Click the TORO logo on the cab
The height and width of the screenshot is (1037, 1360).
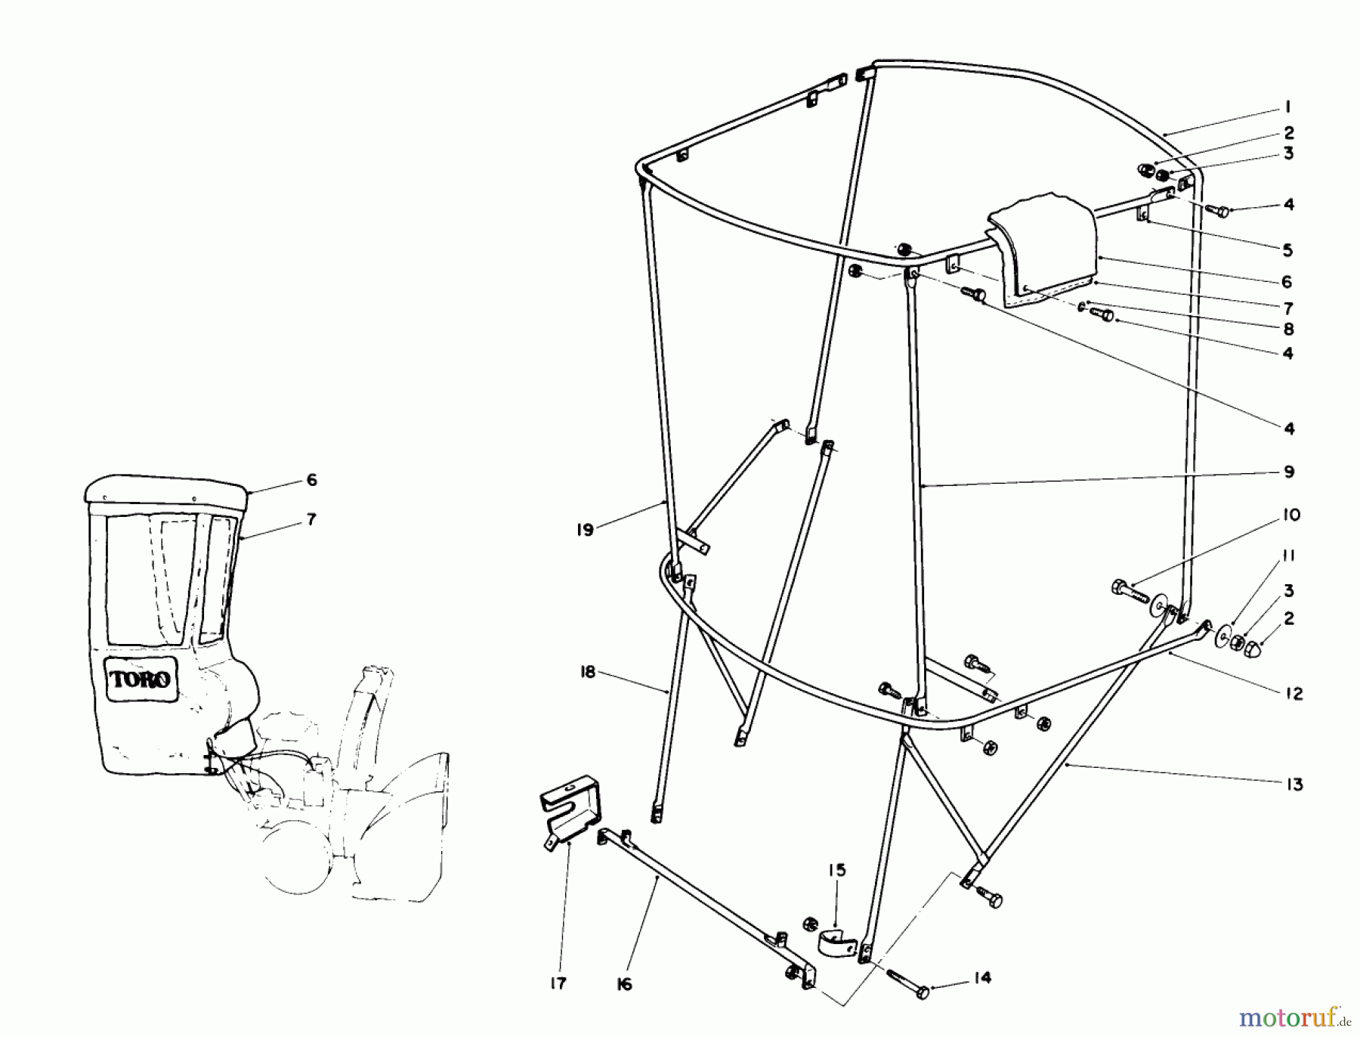click(141, 679)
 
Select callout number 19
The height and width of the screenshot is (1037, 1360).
click(585, 530)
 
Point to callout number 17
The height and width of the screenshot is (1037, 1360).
click(558, 983)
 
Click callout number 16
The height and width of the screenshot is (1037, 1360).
click(624, 985)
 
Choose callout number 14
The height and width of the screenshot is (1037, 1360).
click(981, 977)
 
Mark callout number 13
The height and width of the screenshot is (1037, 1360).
click(1295, 785)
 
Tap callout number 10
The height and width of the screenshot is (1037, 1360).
click(1291, 515)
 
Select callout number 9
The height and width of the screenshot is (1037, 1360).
click(1289, 472)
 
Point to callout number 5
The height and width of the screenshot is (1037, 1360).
click(1288, 250)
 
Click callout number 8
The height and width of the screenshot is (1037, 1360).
click(1288, 330)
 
